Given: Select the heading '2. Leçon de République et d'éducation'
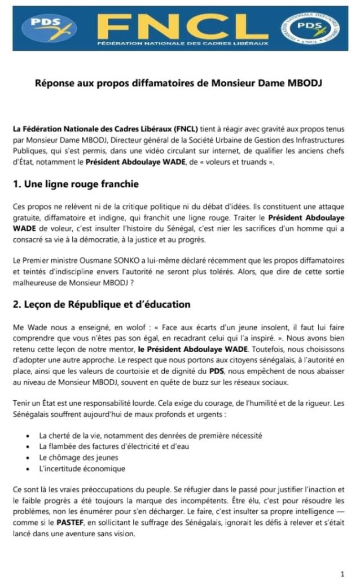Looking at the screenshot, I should [102, 304].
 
